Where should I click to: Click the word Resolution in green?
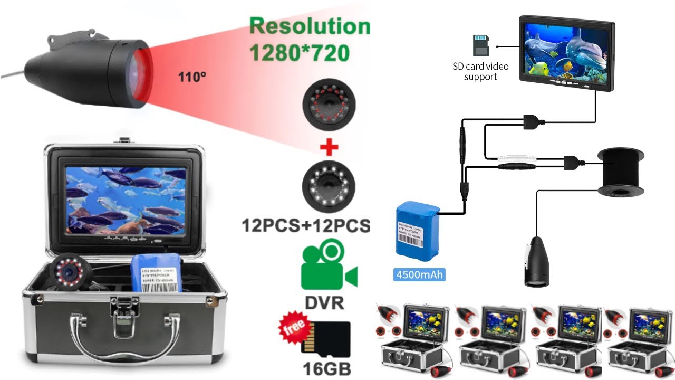click(x=310, y=26)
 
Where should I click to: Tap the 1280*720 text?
click(x=299, y=52)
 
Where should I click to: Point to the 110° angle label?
click(x=191, y=77)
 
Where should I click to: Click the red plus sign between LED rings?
click(x=329, y=148)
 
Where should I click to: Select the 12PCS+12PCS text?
click(x=306, y=226)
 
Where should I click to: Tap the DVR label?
click(x=324, y=303)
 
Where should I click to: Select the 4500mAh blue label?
click(x=419, y=274)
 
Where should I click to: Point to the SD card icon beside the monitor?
click(x=480, y=45)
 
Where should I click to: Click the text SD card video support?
click(x=480, y=72)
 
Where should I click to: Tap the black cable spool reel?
click(x=621, y=172)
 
